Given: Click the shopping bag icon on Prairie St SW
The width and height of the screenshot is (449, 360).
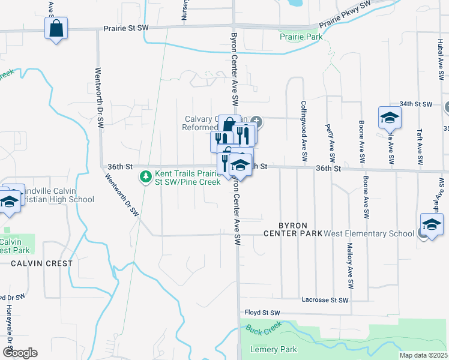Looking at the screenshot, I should tap(56, 28).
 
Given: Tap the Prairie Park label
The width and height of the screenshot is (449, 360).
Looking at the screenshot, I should tap(301, 37).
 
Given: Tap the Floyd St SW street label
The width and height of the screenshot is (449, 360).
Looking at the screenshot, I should tap(262, 313).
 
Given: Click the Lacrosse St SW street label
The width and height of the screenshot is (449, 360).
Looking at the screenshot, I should tap(325, 299).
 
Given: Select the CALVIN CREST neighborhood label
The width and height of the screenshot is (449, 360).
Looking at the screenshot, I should tap(41, 263).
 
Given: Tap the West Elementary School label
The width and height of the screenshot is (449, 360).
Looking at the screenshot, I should tap(369, 233).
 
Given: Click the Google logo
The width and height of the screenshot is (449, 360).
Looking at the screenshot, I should tap(19, 353).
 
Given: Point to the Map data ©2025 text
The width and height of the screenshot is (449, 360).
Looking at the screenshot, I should tap(423, 355).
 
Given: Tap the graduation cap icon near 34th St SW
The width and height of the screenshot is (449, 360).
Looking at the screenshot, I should tap(389, 118).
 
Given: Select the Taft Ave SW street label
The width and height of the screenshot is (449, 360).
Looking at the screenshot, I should tap(418, 147).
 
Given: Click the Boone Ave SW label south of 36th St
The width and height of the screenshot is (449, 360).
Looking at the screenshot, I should tap(366, 197).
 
